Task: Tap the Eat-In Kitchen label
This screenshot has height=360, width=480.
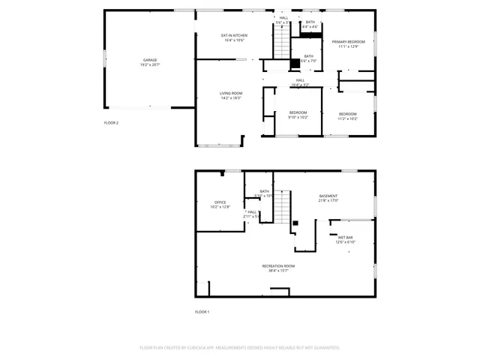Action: point(234,38)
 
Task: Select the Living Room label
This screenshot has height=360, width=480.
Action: point(231,95)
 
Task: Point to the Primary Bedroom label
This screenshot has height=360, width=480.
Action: point(348,44)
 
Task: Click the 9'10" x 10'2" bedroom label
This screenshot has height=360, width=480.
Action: point(298,115)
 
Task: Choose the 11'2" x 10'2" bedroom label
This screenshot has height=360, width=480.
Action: point(347,115)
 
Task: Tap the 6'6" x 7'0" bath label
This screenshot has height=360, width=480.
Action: point(308,58)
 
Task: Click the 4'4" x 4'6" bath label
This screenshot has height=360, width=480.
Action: point(310,24)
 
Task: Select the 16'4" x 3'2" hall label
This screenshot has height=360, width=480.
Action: point(299,82)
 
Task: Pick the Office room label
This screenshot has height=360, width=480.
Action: point(220,204)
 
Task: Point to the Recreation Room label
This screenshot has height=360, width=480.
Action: point(278,268)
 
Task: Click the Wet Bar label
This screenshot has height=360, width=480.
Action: point(345,239)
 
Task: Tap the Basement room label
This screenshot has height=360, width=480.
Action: point(328,198)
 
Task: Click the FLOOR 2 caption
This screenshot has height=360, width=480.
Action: point(111,122)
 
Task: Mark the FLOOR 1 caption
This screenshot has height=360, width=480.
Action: point(202,311)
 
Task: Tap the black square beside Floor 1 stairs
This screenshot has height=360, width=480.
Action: point(295,223)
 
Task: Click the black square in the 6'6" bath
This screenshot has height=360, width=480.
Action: point(295,63)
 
